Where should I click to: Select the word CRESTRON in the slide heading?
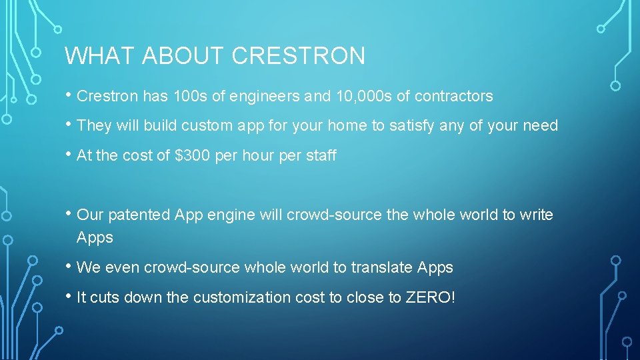(x=299, y=56)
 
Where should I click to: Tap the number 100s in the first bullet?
(x=190, y=97)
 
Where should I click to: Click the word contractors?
(x=453, y=97)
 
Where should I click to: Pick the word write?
(x=537, y=215)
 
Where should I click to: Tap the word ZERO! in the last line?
(x=431, y=298)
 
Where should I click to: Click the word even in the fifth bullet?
(x=119, y=268)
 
